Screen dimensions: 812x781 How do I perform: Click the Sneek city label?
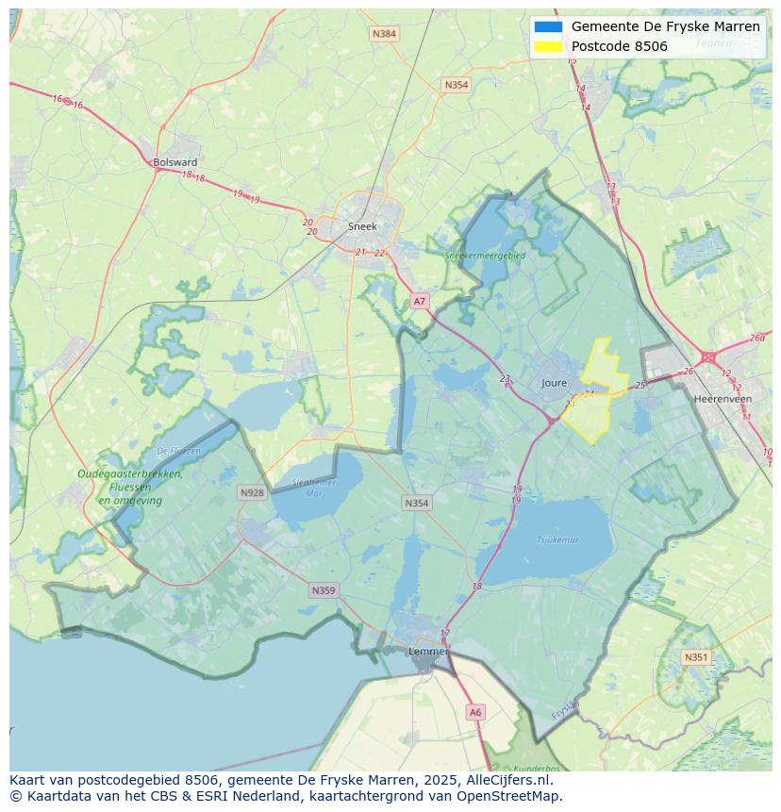point(362,226)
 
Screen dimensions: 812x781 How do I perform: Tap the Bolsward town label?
point(174,162)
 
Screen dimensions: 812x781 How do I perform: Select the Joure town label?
point(555,383)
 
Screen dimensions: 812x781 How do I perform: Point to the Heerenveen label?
point(723,399)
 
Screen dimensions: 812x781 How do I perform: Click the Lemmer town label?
point(427,652)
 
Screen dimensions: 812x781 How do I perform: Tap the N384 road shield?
point(384,34)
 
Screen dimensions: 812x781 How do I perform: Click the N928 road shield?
point(252,492)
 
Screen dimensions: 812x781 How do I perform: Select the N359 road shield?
point(323,590)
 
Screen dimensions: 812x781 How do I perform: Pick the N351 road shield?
point(696,657)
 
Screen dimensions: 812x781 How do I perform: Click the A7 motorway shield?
point(420,302)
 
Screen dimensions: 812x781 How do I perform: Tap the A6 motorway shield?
point(474,713)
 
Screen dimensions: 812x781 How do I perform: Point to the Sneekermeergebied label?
point(485,255)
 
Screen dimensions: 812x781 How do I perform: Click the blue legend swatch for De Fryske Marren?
point(547,26)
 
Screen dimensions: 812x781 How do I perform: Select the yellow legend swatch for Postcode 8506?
point(547,46)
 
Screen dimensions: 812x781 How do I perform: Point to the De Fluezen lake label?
point(178,451)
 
